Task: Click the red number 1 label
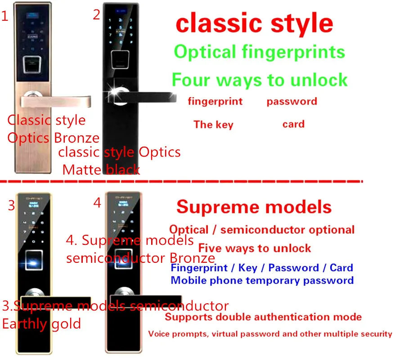tap(5, 17)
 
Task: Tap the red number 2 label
tap(96, 15)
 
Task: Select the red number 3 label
tap(12, 206)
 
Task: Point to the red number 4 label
tap(97, 203)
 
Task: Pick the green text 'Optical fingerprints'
tap(259, 52)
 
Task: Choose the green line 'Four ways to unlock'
tap(260, 80)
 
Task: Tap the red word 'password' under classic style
tap(291, 101)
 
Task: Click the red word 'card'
tap(293, 124)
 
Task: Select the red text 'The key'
tap(213, 124)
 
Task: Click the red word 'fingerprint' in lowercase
tap(215, 101)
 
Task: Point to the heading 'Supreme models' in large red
tap(254, 207)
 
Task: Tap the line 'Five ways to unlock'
tap(255, 248)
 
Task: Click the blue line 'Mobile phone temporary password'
tap(262, 280)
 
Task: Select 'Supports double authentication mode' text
tap(263, 317)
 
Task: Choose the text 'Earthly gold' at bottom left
tap(41, 324)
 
